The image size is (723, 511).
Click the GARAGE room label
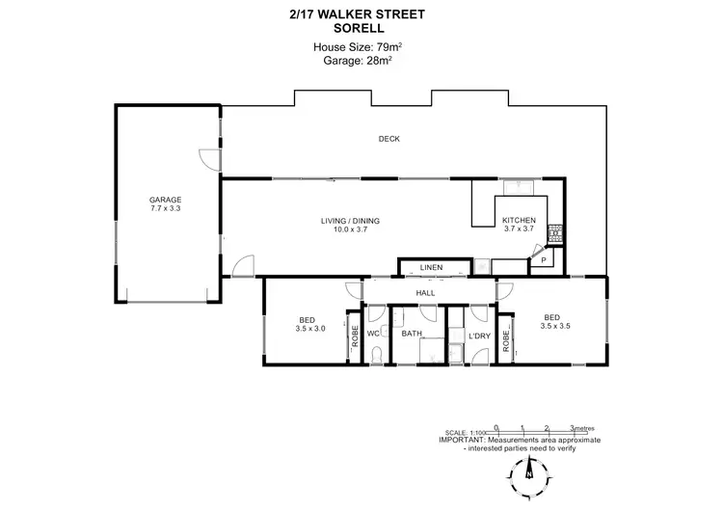(x=165, y=200)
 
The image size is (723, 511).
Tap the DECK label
(x=388, y=139)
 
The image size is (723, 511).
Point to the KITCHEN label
(x=519, y=221)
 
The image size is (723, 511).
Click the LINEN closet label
(x=431, y=267)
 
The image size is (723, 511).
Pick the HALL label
(x=425, y=293)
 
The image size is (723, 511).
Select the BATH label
(x=413, y=334)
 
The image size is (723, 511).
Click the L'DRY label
(x=478, y=335)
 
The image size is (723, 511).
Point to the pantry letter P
(x=543, y=260)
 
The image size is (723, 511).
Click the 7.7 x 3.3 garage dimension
(x=165, y=208)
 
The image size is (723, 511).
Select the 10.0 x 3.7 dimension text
(x=351, y=229)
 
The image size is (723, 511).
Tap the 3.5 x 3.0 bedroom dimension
(x=310, y=328)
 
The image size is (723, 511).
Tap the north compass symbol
(x=529, y=472)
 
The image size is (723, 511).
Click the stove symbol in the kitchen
(x=556, y=232)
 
